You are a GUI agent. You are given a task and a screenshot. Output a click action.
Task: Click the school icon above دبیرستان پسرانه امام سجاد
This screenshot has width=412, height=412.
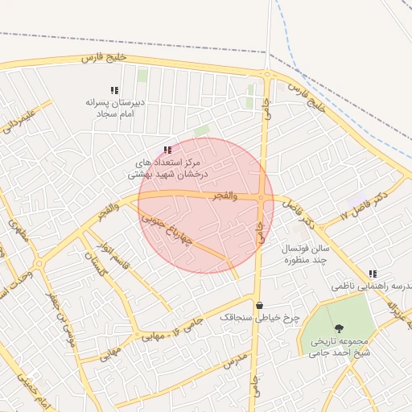pyautogui.click(x=113, y=90)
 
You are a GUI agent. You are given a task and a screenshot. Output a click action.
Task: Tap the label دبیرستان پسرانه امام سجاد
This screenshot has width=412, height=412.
pyautogui.click(x=114, y=109)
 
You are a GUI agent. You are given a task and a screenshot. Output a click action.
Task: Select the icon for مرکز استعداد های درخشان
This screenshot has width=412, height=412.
pyautogui.click(x=167, y=150)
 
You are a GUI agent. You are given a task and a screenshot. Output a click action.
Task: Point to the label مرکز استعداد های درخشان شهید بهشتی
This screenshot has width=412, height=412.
pyautogui.click(x=171, y=167)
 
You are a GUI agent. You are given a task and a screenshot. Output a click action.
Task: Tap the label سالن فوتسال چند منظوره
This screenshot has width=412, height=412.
pyautogui.click(x=301, y=255)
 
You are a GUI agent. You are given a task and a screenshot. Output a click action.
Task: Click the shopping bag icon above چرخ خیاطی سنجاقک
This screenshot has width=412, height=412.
pyautogui.click(x=259, y=305)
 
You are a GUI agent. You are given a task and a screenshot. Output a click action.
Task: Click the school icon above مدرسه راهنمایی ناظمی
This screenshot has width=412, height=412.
pyautogui.click(x=372, y=274)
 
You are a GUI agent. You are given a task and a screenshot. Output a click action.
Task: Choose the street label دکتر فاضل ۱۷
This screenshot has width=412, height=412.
pyautogui.click(x=364, y=206)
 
